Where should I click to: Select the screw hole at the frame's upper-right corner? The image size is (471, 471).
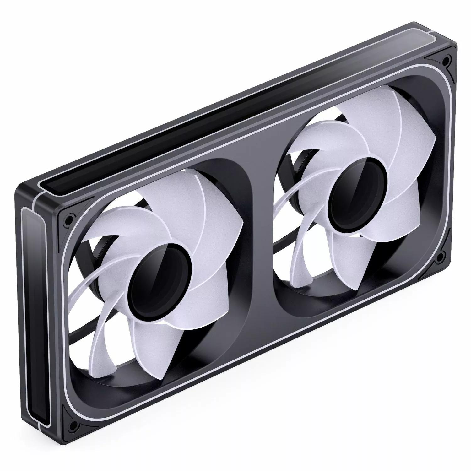click(445, 59)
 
